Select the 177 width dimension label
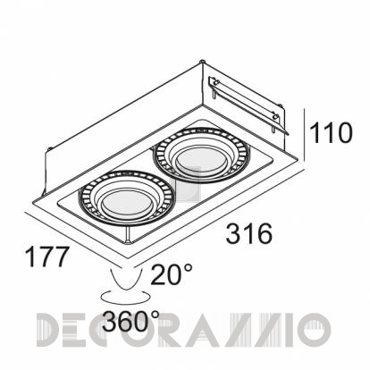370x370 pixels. tap(47, 256)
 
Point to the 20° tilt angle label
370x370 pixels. tap(172, 274)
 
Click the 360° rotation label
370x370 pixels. tap(131, 321)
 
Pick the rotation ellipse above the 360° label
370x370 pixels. tap(123, 298)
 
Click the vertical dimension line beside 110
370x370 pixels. tap(304, 135)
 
